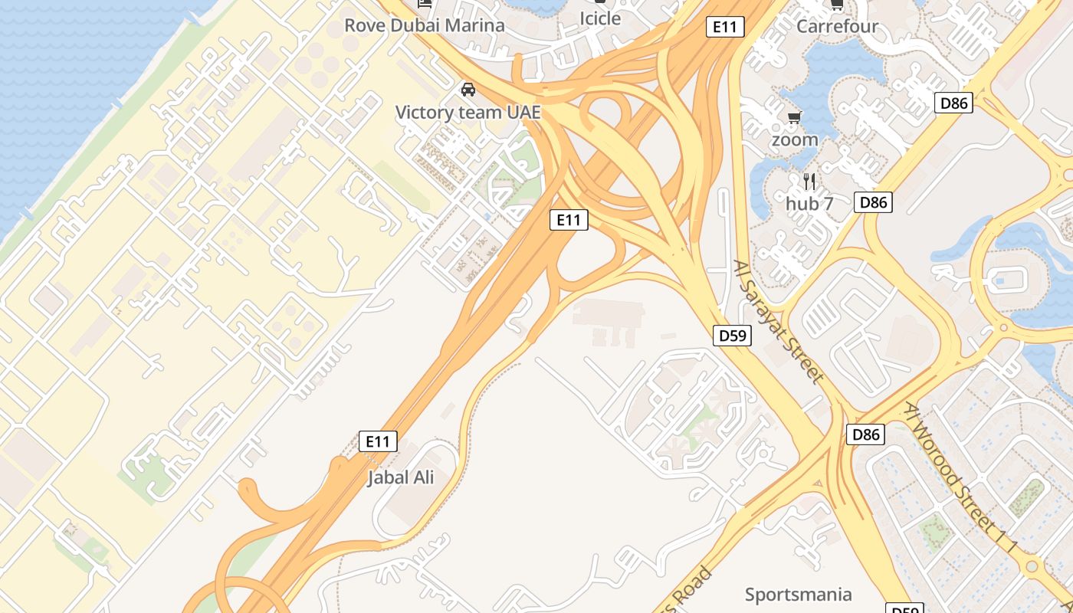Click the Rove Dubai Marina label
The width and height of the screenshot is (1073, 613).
[x=424, y=25]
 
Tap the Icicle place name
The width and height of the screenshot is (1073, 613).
[x=599, y=18]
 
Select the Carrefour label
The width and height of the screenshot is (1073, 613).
[x=837, y=26]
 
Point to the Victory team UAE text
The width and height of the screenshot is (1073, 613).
[x=468, y=113]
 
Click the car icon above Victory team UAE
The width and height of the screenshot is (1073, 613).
[x=468, y=90]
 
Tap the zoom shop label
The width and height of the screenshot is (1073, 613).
[x=795, y=140]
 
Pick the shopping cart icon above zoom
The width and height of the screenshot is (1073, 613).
[x=795, y=117]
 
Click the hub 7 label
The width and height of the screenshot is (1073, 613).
[x=809, y=204]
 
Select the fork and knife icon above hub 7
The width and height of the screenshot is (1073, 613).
[x=809, y=182]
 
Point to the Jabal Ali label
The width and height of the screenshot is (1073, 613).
[x=400, y=477]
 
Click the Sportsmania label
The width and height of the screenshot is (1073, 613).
[x=798, y=595]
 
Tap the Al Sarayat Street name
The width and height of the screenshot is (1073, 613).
[x=778, y=321]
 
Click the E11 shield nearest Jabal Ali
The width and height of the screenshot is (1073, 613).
[x=379, y=441]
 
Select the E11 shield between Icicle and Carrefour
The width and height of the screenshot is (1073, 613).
[x=724, y=27]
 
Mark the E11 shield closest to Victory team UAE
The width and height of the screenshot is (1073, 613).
[x=569, y=221]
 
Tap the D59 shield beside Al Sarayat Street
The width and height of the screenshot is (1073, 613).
[x=732, y=336]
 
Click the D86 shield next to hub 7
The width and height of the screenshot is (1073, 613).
[x=873, y=202]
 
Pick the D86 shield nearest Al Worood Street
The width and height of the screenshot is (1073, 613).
[x=866, y=435]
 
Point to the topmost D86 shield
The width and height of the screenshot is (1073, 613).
[x=953, y=103]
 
